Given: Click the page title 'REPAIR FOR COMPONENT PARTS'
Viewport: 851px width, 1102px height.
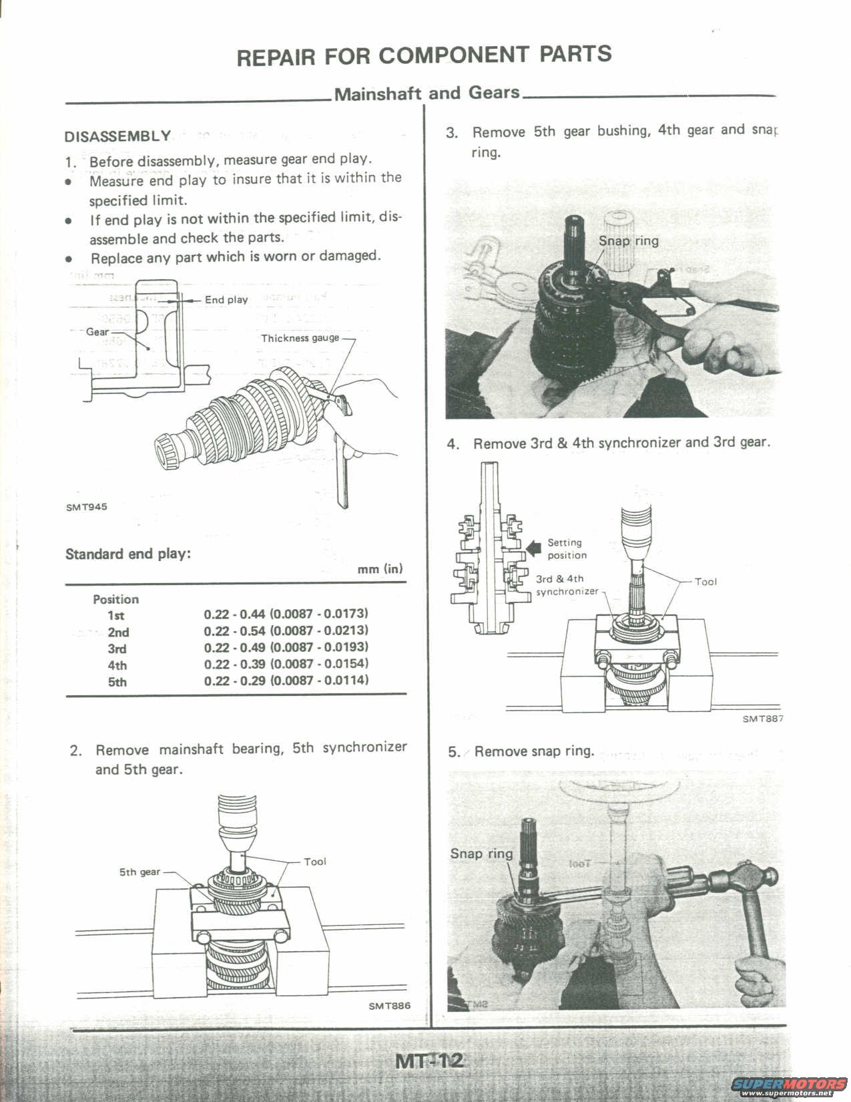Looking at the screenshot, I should point(424,55).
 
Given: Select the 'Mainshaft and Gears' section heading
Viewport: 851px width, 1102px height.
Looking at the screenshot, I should point(427,93).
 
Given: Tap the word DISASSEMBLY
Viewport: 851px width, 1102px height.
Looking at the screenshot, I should point(117,137).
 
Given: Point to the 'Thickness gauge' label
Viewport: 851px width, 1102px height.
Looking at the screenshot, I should point(300,339).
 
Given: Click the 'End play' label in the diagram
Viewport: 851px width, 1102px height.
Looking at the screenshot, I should point(226,300).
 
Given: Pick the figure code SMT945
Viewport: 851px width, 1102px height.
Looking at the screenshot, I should point(86,507).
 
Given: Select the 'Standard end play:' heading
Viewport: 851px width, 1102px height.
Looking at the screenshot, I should point(128,554).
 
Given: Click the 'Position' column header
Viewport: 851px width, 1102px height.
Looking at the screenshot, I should point(115,599).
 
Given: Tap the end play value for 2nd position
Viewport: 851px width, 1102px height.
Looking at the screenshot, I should point(286,630).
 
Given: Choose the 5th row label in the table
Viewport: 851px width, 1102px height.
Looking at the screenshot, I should point(117,682).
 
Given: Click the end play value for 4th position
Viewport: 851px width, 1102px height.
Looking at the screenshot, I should point(286,664).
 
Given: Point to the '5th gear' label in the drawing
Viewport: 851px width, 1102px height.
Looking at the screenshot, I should point(139,872).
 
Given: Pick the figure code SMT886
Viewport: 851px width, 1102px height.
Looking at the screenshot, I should point(389,1006).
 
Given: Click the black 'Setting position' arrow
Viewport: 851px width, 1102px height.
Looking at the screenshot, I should point(534,548).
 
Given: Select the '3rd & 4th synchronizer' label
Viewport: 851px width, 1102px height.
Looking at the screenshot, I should point(566,585).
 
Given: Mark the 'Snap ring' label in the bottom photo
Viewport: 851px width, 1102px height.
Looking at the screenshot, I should point(481,853).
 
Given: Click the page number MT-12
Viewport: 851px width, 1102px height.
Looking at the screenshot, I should point(429,1061).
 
